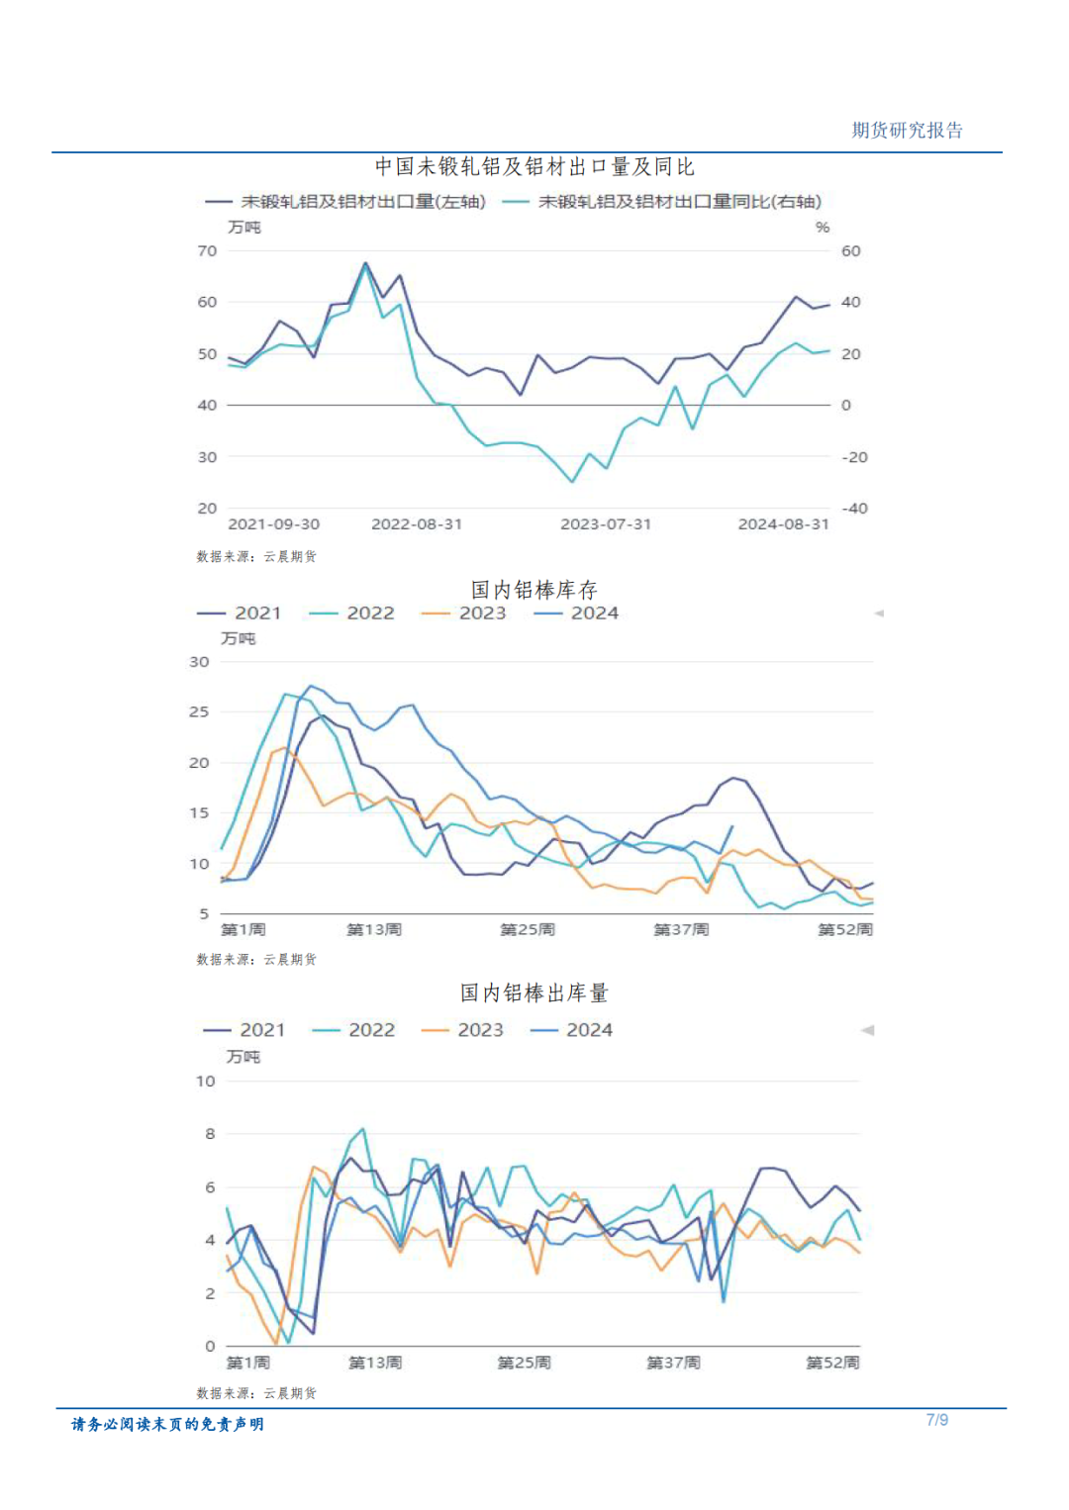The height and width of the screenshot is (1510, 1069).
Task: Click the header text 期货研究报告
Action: [907, 131]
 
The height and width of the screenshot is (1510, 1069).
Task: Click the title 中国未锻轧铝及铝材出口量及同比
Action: [534, 166]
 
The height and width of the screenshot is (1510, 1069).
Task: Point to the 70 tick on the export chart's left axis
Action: [207, 251]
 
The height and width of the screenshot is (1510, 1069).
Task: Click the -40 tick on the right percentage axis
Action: [854, 509]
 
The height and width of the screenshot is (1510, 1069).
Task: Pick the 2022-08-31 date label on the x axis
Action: [417, 524]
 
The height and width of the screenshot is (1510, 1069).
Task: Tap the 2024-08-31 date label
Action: [783, 524]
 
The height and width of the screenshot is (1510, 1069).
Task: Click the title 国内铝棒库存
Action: [534, 590]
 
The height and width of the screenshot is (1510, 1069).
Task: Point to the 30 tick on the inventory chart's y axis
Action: [199, 662]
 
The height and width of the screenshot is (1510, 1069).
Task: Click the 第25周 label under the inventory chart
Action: [528, 930]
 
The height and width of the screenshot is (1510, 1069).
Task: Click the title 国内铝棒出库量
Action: [534, 992]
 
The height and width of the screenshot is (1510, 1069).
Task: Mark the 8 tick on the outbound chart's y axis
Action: [210, 1134]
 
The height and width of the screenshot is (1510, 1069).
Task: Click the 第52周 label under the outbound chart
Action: [832, 1364]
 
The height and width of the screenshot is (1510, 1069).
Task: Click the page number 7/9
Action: [936, 1420]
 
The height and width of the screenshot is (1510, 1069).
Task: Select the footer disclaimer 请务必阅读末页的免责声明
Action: [167, 1424]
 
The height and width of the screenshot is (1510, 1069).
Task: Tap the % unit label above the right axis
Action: [823, 228]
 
